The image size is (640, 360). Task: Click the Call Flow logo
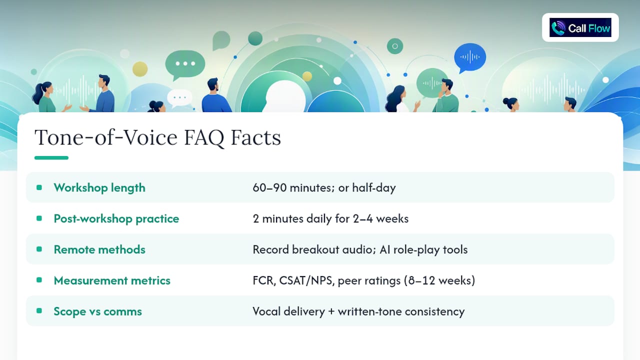(580, 27)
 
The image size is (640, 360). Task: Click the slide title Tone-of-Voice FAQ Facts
(157, 137)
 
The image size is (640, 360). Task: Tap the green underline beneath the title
(51, 157)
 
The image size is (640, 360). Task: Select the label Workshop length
(99, 187)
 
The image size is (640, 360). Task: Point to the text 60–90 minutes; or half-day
(324, 187)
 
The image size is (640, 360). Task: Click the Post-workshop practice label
(116, 218)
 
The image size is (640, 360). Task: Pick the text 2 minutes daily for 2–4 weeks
(330, 218)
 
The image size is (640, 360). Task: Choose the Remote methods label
(99, 249)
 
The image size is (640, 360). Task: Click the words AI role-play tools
(423, 249)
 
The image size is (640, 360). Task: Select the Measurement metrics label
(112, 280)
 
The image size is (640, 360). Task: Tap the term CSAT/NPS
(306, 280)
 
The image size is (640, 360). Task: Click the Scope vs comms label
(97, 311)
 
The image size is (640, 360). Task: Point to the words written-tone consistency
(401, 311)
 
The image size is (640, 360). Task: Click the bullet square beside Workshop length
(39, 187)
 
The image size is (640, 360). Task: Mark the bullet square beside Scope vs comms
(39, 311)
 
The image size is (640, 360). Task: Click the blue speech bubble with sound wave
(470, 57)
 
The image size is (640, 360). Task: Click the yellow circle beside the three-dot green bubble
(140, 69)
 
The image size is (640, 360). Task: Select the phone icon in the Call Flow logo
(558, 28)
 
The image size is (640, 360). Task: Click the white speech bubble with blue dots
(179, 98)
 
